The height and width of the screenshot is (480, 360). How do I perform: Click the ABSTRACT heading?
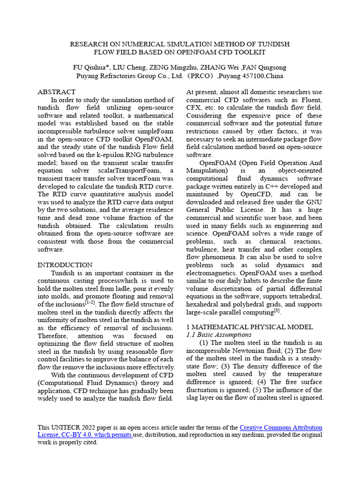pos(56,92)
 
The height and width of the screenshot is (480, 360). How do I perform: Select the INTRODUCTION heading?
pos(65,265)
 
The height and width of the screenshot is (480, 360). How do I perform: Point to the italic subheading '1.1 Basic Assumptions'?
pos(219,335)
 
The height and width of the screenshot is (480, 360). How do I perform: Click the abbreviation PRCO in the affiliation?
pos(202,76)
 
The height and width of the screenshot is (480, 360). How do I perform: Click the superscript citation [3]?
pos(277,310)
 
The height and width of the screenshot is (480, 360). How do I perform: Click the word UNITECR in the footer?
pos(67,427)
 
